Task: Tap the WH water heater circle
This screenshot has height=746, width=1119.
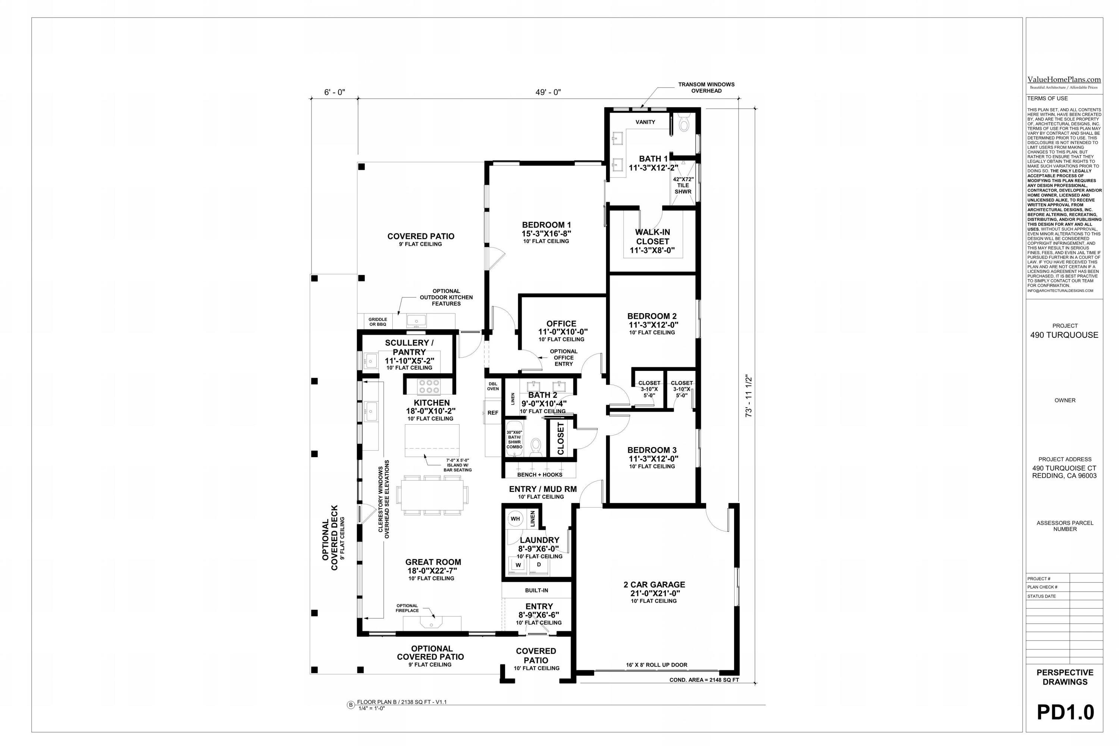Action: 515,519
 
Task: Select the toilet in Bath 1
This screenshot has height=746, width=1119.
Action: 684,124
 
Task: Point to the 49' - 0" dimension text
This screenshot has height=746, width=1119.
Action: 548,92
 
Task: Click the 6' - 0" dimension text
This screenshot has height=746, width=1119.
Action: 334,92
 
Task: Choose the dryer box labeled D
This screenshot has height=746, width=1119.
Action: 539,565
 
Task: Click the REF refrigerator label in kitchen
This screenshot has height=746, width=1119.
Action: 493,412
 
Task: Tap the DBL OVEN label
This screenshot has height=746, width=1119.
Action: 493,386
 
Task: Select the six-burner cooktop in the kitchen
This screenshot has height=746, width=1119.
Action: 429,386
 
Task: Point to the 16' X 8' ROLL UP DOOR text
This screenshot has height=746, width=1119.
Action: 656,665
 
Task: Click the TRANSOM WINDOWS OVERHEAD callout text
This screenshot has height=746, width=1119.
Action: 706,88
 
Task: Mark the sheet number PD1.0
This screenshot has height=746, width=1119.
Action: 1065,712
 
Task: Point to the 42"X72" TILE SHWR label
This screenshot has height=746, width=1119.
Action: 683,185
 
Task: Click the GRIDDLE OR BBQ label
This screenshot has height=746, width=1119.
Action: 377,322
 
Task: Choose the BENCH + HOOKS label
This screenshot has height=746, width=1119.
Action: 539,474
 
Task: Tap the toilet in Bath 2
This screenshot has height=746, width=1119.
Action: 536,446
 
